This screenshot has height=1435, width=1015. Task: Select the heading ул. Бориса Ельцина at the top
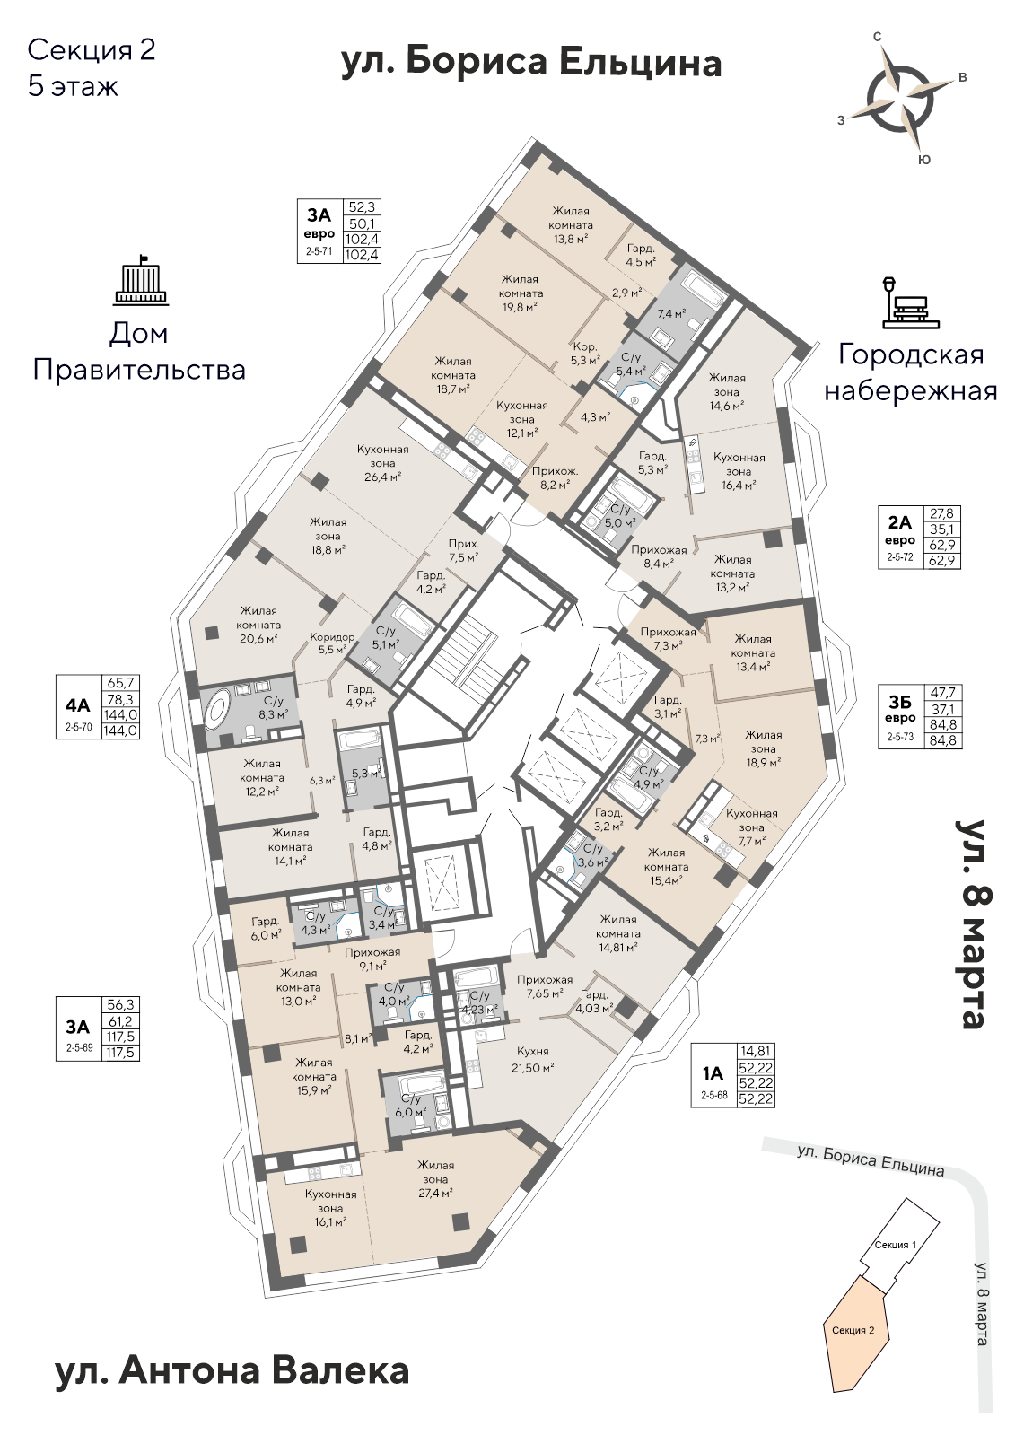coord(531,63)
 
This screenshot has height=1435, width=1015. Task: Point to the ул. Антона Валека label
coord(232,1370)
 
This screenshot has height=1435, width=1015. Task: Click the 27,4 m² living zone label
coord(433,1178)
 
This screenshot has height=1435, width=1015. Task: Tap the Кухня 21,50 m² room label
coord(530,1058)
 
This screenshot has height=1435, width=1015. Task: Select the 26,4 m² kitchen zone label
coord(382,462)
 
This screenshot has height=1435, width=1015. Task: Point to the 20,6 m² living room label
coord(258,625)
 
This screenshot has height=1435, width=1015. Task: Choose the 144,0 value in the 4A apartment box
coord(121,715)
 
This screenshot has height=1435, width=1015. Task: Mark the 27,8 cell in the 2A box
coord(942,514)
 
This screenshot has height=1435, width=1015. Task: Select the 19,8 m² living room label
coord(521,293)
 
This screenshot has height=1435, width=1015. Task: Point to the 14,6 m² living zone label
coord(726,391)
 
